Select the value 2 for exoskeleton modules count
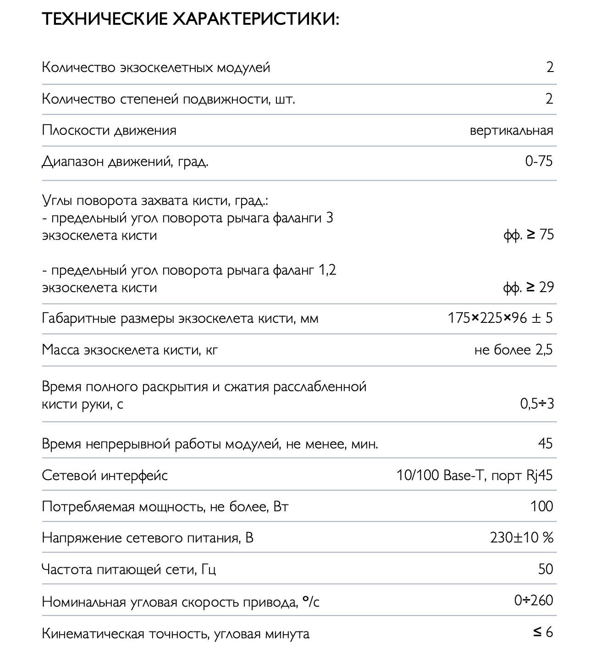(x=550, y=67)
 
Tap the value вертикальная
(x=511, y=130)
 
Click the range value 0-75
(x=539, y=161)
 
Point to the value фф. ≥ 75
(x=528, y=235)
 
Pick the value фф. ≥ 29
(x=528, y=288)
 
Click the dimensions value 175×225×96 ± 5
(x=500, y=318)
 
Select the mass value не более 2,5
(x=513, y=350)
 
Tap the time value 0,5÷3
(x=537, y=404)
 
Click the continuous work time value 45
(x=545, y=443)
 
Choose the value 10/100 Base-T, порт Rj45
(x=475, y=475)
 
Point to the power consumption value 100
(x=541, y=506)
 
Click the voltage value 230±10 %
(x=521, y=537)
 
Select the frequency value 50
(x=546, y=569)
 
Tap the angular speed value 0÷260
(x=534, y=600)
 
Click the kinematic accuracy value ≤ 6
(x=543, y=632)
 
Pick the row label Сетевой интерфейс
(x=105, y=476)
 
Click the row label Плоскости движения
(x=109, y=130)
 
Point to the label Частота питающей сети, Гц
(x=129, y=570)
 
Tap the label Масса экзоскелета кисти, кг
(x=130, y=350)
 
